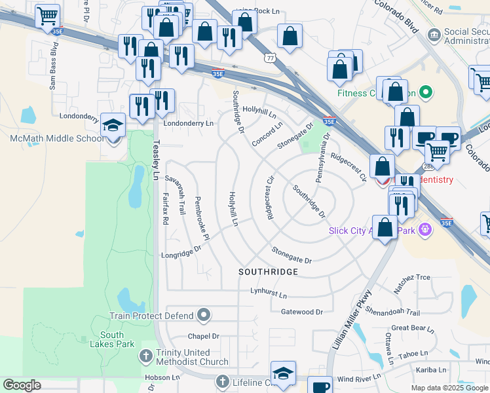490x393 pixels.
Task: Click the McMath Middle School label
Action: pos(56,138)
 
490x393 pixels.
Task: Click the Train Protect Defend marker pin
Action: pos(204,316)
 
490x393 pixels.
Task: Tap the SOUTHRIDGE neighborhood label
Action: pos(268,271)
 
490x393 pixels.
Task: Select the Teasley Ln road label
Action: pos(155,163)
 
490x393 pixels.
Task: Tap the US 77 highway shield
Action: pos(271,58)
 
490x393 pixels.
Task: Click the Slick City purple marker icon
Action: pos(425,229)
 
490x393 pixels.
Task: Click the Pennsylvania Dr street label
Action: pos(320,159)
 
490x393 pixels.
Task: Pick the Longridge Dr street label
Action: pos(181,252)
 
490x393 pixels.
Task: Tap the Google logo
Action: pos(22,385)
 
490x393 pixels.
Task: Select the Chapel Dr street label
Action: pos(203,336)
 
